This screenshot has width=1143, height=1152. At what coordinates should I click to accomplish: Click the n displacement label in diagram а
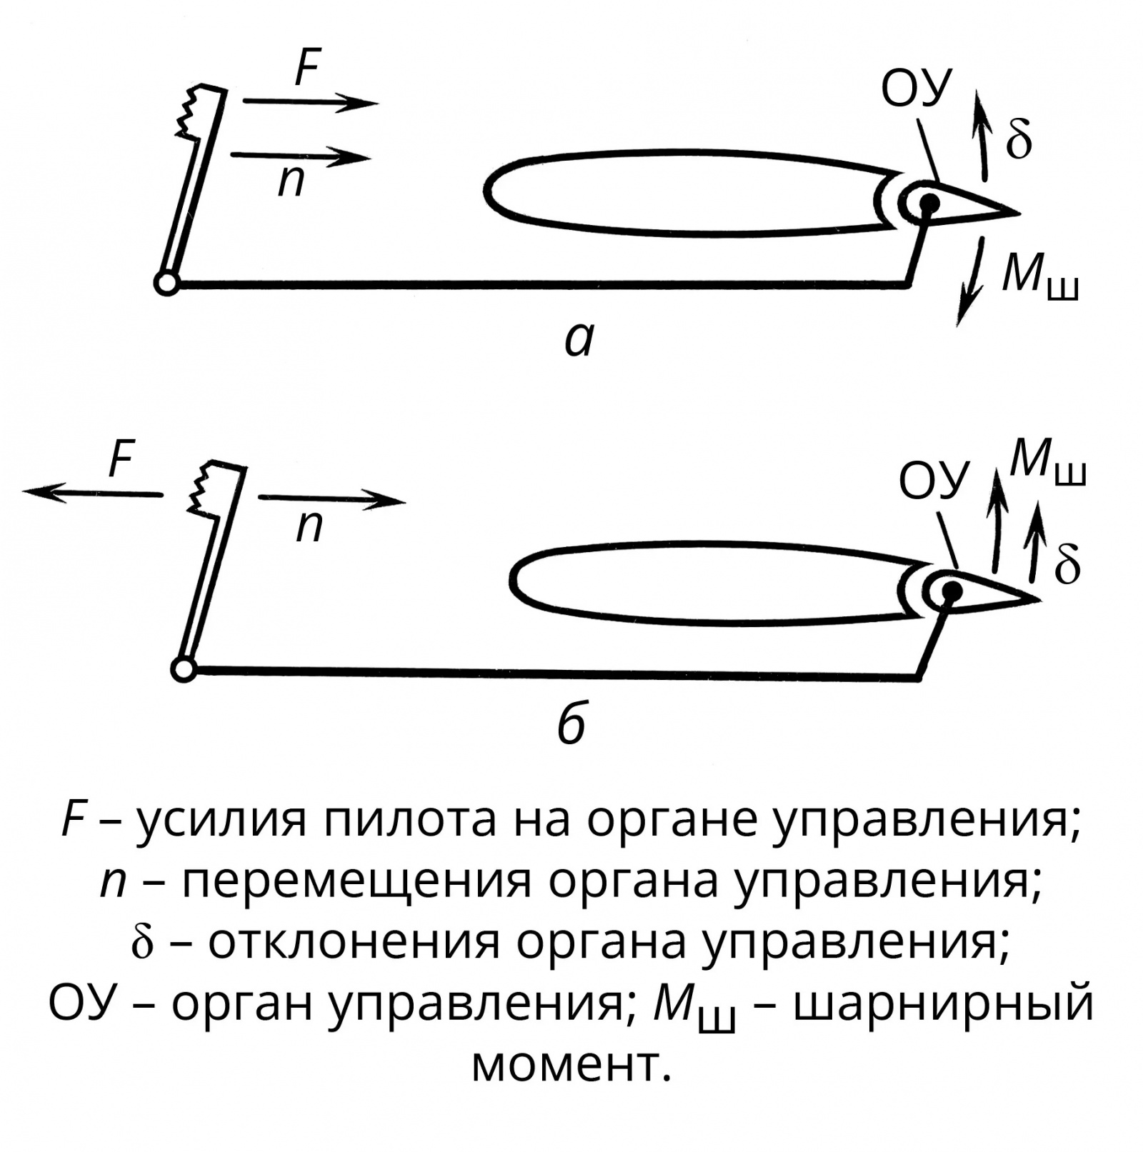[x=291, y=181]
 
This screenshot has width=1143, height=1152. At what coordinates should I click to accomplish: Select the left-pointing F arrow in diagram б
[x=93, y=493]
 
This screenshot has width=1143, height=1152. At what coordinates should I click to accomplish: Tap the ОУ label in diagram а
[x=917, y=89]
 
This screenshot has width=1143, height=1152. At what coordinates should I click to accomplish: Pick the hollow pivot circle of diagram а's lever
[x=166, y=284]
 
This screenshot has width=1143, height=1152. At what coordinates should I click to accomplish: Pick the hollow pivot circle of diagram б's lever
[x=184, y=669]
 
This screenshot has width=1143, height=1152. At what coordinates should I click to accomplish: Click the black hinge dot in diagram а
[x=929, y=204]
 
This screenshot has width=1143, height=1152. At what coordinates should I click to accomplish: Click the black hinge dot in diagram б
[x=951, y=591]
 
